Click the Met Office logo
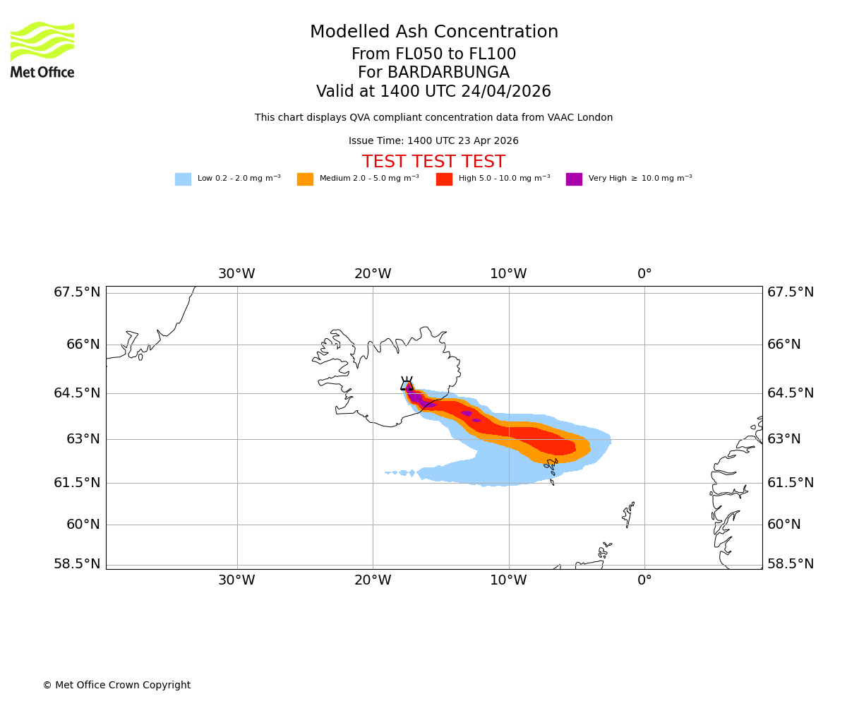click(x=42, y=49)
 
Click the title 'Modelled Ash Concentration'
click(x=434, y=32)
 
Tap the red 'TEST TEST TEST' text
click(x=433, y=162)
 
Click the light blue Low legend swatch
click(x=183, y=179)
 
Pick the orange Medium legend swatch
click(x=305, y=179)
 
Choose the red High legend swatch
click(x=444, y=179)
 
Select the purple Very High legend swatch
click(x=574, y=179)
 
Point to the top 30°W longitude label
click(x=236, y=274)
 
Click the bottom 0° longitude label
click(x=644, y=580)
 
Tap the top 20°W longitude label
click(x=373, y=274)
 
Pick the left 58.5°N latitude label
click(x=77, y=564)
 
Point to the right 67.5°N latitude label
click(x=791, y=292)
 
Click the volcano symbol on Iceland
click(x=407, y=384)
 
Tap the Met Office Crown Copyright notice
click(x=116, y=686)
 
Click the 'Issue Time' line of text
click(x=433, y=141)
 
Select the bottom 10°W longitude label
click(x=508, y=580)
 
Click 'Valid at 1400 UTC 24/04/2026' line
click(x=433, y=92)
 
